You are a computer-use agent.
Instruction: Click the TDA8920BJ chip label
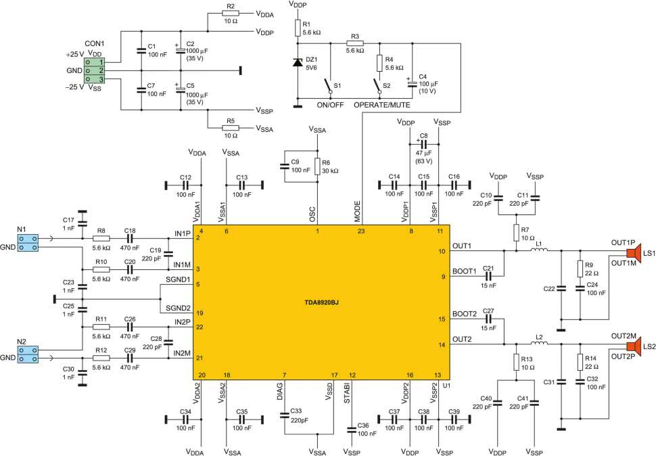point(321,302)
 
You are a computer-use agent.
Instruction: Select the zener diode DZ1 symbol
point(298,62)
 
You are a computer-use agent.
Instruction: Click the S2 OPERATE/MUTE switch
point(378,85)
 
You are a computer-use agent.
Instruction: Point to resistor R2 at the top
point(231,13)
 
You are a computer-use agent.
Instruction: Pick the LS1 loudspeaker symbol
point(634,252)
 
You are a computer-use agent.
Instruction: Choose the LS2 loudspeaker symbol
point(634,346)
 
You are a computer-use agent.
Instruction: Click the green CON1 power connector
point(95,70)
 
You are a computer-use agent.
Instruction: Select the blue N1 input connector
point(28,243)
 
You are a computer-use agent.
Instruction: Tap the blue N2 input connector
point(28,355)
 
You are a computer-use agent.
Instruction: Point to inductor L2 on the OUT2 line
point(540,344)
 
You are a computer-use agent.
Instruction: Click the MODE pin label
point(357,211)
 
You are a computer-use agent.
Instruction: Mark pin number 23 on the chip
point(361,231)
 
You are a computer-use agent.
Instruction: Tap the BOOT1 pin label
point(465,271)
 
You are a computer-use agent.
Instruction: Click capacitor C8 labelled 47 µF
point(423,144)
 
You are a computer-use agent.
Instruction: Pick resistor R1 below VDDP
point(298,28)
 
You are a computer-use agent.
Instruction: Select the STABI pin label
point(347,393)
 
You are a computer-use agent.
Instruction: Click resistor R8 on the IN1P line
point(101,238)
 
